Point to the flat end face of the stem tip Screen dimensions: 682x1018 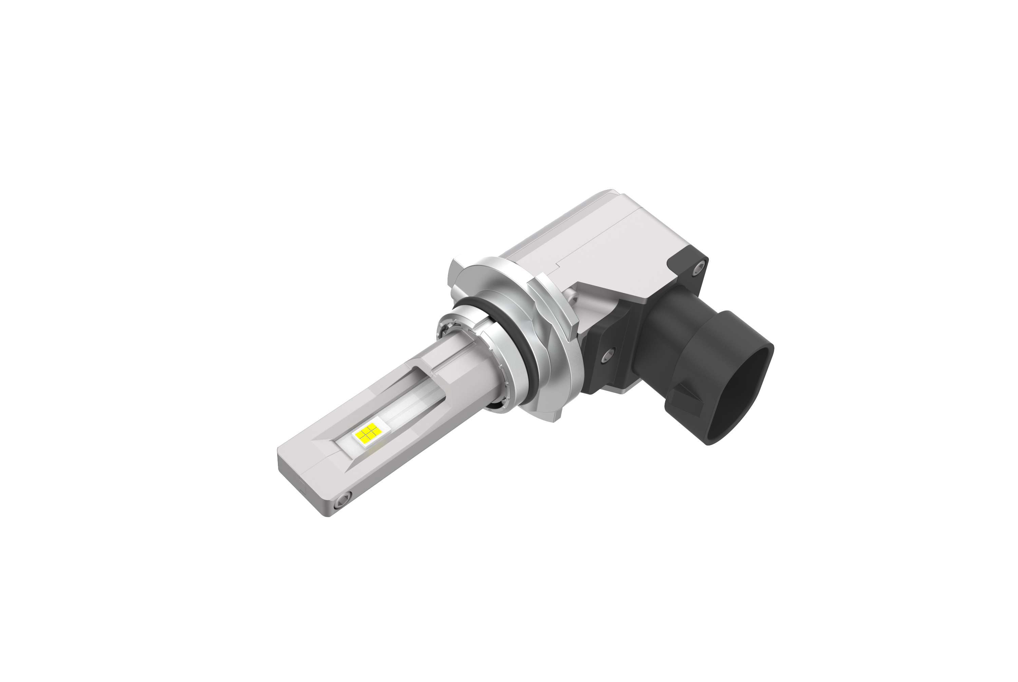[x=300, y=487]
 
